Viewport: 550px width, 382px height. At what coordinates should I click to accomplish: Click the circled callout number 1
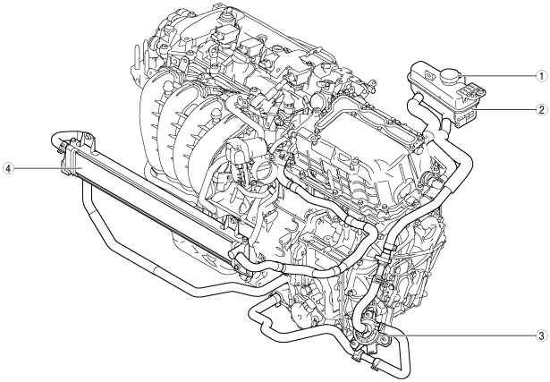(x=542, y=76)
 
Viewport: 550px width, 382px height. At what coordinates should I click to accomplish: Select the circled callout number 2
(x=542, y=110)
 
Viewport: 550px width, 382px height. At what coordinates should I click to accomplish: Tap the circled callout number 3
(x=542, y=335)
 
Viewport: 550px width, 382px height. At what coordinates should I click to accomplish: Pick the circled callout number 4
(x=8, y=168)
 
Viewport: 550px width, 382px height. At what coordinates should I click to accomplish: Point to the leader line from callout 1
(x=498, y=76)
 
